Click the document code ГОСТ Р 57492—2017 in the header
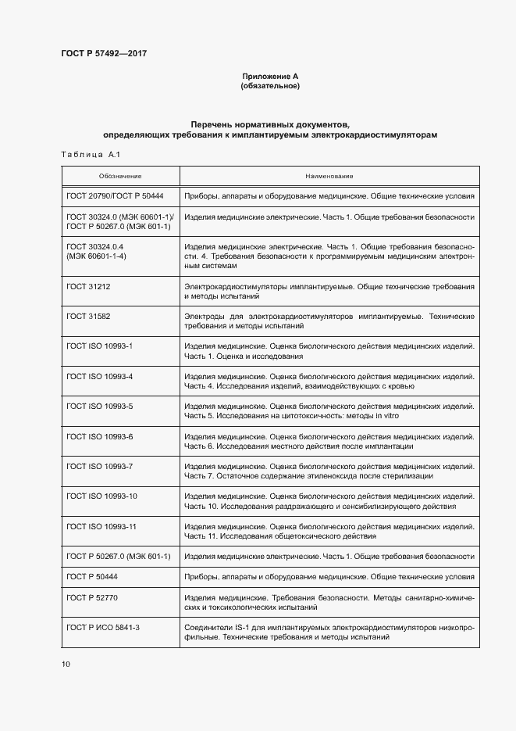pyautogui.click(x=104, y=53)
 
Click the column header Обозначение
pyautogui.click(x=120, y=177)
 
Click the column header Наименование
pyautogui.click(x=329, y=177)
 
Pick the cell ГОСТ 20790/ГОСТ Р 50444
pyautogui.click(x=115, y=196)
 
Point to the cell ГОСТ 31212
pyautogui.click(x=88, y=287)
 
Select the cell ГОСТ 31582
pyautogui.click(x=88, y=317)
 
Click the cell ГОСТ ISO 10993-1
pyautogui.click(x=100, y=346)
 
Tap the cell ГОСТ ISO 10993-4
pyautogui.click(x=100, y=377)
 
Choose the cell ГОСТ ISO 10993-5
pyautogui.click(x=100, y=407)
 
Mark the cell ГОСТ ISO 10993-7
pyautogui.click(x=100, y=467)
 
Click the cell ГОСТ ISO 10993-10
pyautogui.click(x=102, y=496)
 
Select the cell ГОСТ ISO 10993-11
pyautogui.click(x=102, y=527)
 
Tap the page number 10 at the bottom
pyautogui.click(x=66, y=665)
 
